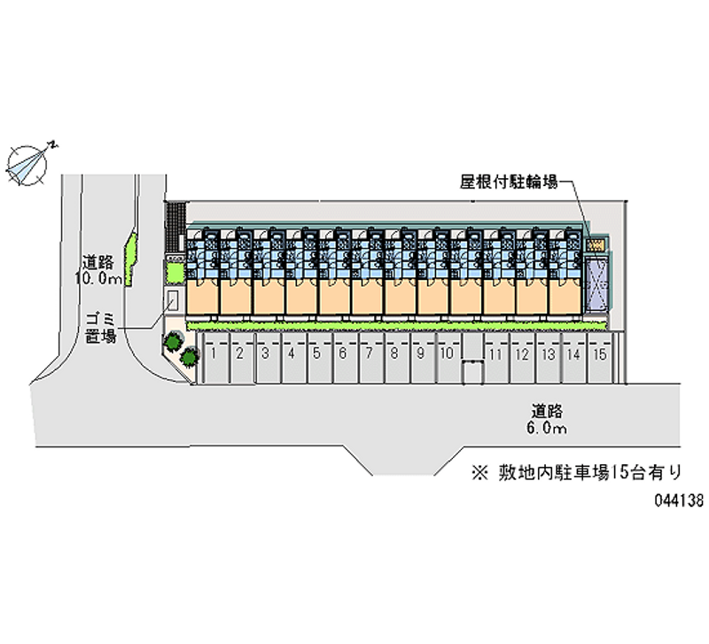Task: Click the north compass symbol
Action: [27, 165]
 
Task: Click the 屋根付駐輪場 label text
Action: [509, 182]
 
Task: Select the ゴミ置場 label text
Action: [101, 328]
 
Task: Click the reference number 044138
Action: [679, 500]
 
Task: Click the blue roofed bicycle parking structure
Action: [596, 283]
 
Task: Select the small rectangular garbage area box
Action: [173, 299]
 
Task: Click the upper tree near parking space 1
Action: [173, 341]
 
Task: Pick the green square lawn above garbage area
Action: [175, 273]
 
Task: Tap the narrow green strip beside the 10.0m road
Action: [130, 260]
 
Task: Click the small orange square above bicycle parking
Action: [596, 244]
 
